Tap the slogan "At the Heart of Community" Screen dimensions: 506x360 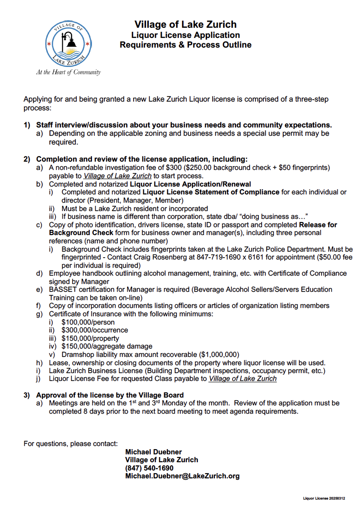[x=68, y=72]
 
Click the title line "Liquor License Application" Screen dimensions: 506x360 [x=185, y=35]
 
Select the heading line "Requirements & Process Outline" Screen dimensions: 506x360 [x=185, y=45]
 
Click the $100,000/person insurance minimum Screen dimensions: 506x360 [x=88, y=322]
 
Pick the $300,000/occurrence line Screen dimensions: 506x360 [x=95, y=330]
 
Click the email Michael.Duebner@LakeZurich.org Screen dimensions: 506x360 [x=182, y=476]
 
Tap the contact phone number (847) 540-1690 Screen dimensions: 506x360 [x=149, y=468]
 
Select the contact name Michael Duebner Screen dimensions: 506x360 [x=153, y=452]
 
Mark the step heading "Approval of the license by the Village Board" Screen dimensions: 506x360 [x=110, y=395]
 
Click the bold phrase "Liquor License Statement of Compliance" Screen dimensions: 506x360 [x=211, y=192]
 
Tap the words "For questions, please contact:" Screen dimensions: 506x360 [x=70, y=444]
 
